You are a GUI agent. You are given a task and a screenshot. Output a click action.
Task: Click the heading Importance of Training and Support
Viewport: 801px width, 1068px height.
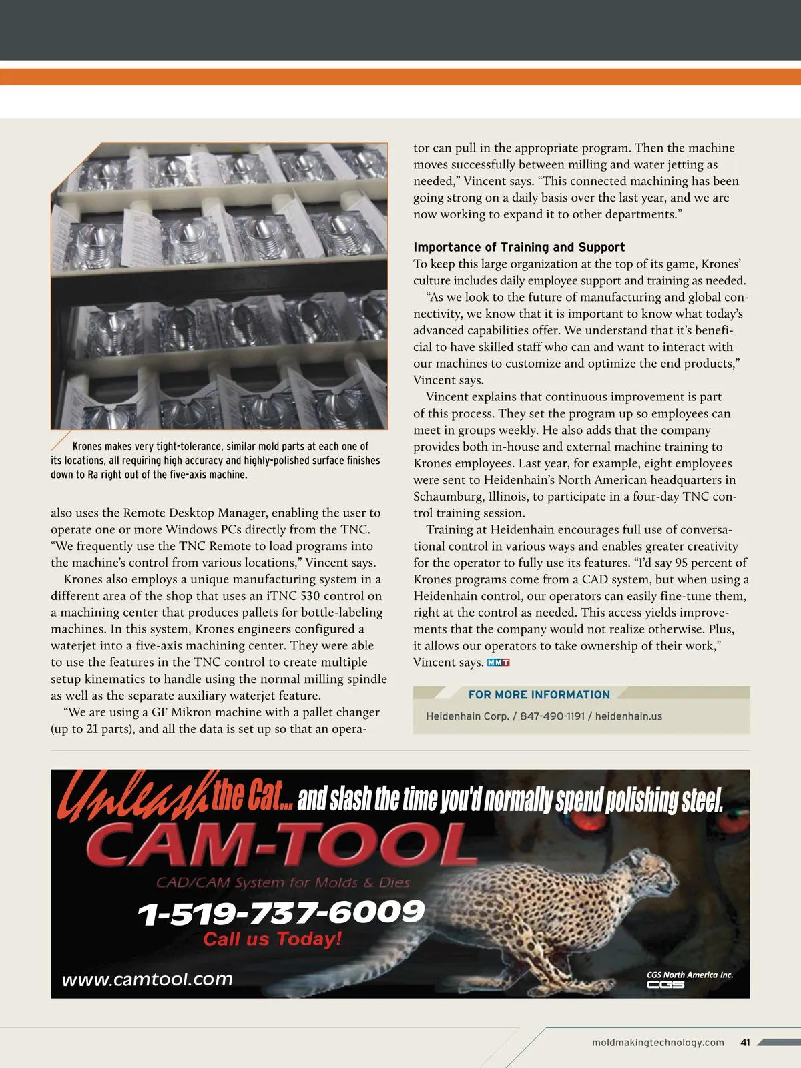click(x=519, y=247)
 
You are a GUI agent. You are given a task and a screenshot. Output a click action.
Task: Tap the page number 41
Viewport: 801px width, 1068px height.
click(x=746, y=1042)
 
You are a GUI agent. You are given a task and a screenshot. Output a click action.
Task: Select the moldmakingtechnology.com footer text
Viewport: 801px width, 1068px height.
click(x=657, y=1042)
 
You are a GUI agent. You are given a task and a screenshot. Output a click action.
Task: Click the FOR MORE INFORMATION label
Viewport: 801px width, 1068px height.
click(x=539, y=694)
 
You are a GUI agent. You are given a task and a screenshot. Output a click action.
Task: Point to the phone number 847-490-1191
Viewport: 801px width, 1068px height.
click(x=552, y=716)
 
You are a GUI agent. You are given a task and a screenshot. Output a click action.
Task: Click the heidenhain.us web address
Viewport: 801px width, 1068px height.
click(x=628, y=716)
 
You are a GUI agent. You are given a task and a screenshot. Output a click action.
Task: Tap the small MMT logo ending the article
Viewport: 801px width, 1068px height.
click(x=499, y=663)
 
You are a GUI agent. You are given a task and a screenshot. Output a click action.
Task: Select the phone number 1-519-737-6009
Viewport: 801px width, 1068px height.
click(x=280, y=913)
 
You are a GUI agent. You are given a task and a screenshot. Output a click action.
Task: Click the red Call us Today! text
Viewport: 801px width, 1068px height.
click(x=272, y=939)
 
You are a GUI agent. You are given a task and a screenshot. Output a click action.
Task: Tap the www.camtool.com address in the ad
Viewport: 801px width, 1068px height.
click(x=148, y=979)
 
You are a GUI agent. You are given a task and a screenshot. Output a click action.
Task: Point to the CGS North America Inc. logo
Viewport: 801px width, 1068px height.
click(x=689, y=979)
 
